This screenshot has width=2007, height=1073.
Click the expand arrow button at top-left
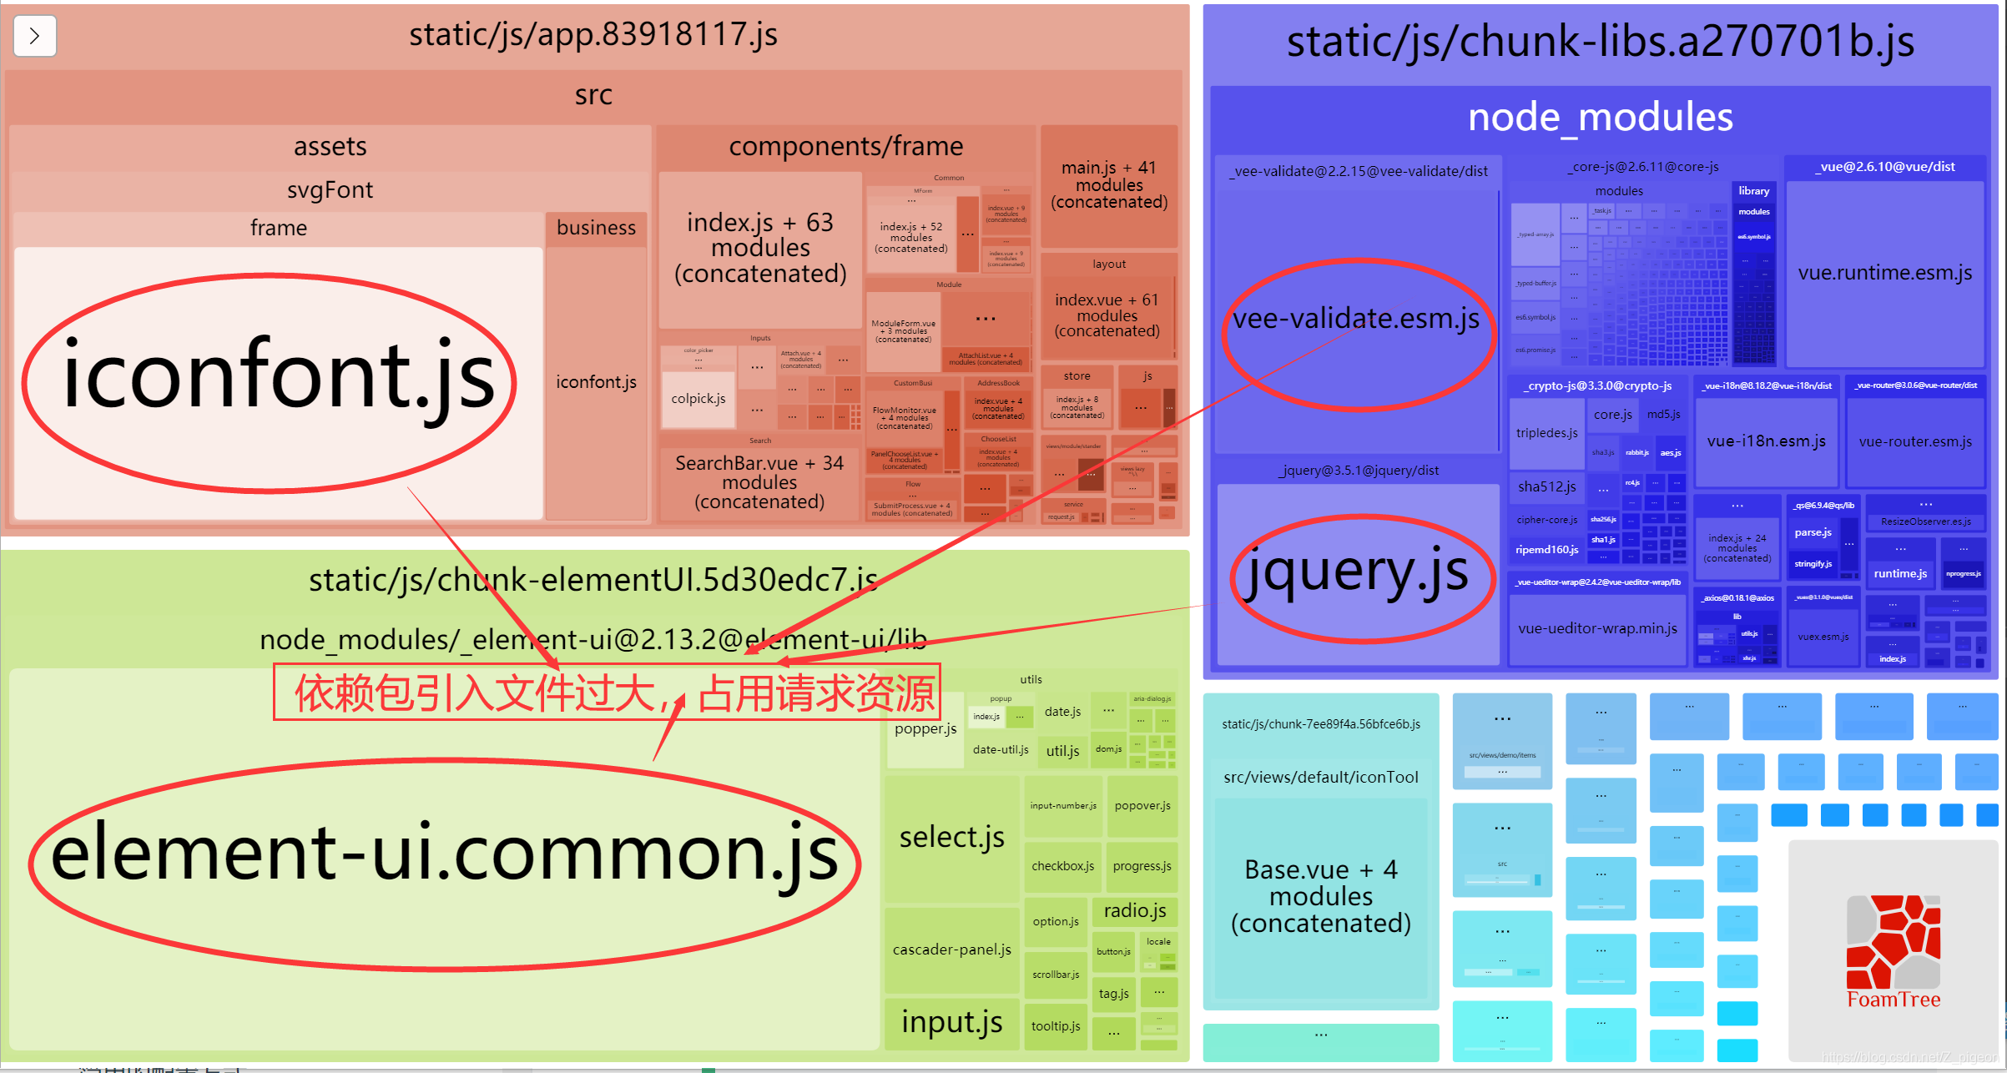(35, 36)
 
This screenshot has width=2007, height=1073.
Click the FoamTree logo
(1893, 951)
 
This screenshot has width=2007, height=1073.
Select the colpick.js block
(698, 399)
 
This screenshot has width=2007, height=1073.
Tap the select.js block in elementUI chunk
(951, 837)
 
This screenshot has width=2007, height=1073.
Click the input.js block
(951, 1022)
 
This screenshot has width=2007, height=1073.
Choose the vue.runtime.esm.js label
(1884, 273)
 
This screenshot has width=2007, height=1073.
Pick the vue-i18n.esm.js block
(1766, 441)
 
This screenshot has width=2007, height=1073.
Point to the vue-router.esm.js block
(1915, 441)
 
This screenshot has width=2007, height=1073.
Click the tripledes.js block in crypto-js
(1546, 433)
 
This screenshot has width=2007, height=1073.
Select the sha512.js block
(1546, 486)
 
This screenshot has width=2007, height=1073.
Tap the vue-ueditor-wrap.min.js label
(1597, 628)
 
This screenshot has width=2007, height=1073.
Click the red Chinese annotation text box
(608, 693)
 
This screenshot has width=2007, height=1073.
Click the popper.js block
(925, 729)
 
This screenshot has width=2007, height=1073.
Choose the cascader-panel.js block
(951, 950)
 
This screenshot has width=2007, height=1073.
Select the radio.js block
(1135, 910)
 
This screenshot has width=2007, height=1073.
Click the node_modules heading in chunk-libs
(1600, 118)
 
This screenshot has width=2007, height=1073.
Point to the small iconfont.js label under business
(596, 382)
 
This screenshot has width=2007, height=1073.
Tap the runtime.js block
(1900, 573)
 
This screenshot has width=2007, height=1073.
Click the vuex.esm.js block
(1823, 637)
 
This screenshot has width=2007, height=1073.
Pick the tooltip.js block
(1055, 1026)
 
